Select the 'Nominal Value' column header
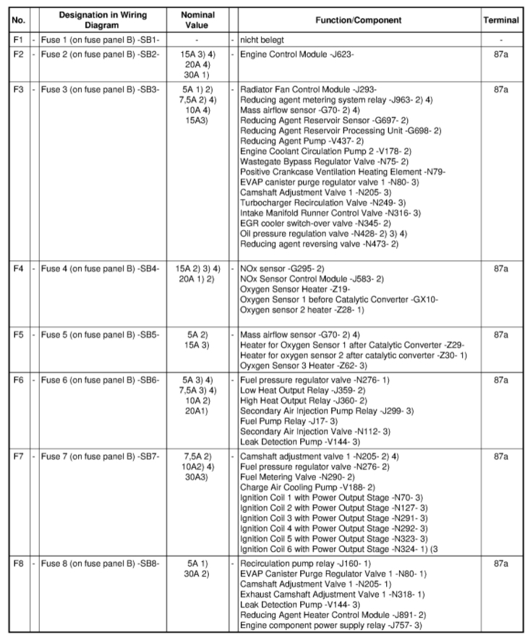click(x=197, y=20)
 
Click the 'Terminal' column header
click(x=501, y=20)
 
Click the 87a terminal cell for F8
click(x=501, y=562)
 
